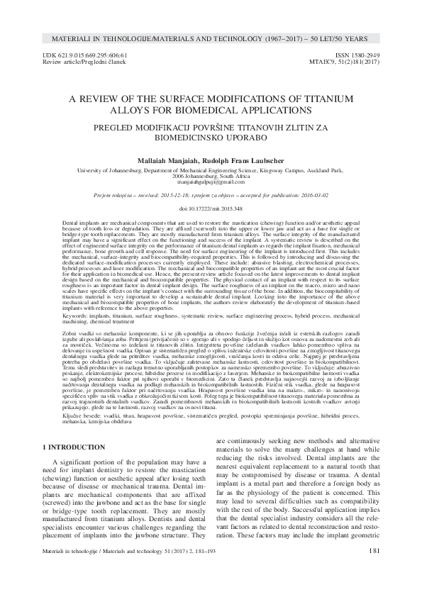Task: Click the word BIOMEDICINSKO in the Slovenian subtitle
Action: tap(182, 140)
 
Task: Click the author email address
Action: tap(211, 181)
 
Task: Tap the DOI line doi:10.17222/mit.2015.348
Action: tap(211, 209)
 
